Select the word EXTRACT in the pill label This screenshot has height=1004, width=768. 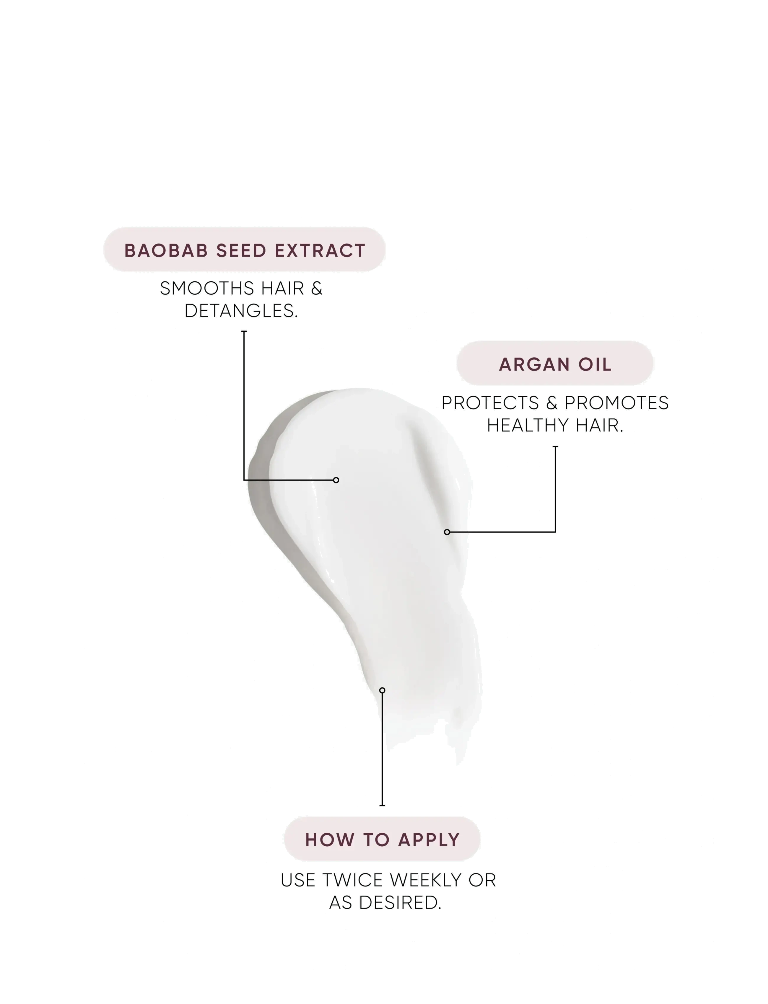coord(320,251)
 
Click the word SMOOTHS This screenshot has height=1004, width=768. coord(207,289)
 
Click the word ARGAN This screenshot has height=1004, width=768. coord(534,365)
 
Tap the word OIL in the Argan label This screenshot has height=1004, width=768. coord(595,365)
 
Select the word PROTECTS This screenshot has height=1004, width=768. coord(490,403)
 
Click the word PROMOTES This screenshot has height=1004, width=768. coord(617,403)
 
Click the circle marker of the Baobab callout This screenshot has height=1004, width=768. coord(336,480)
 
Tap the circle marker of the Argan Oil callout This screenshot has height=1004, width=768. coord(447,532)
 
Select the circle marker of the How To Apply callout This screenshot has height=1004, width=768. coord(382,690)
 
